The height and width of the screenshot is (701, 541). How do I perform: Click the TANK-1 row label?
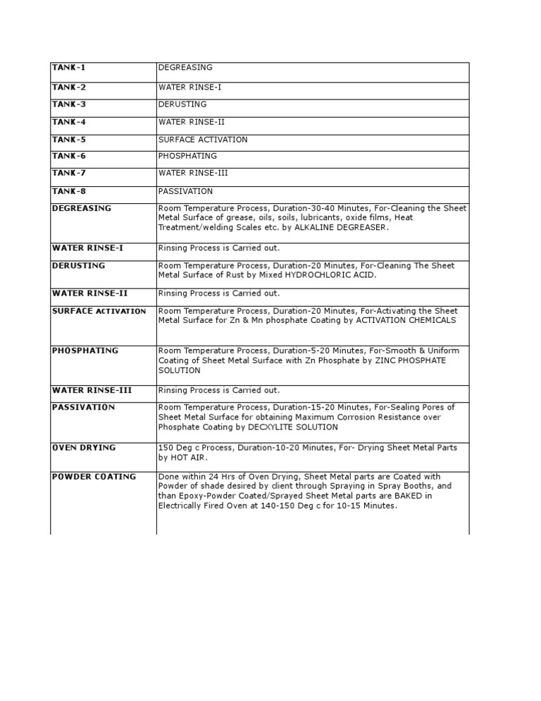tap(68, 68)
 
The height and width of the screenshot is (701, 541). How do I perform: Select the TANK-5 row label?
tap(68, 139)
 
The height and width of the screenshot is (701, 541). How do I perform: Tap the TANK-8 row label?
tap(68, 191)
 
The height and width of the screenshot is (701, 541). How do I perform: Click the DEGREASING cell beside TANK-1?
tap(185, 68)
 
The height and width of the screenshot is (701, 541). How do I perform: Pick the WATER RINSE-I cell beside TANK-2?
tap(189, 87)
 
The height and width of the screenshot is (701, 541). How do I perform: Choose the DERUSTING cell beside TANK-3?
tap(182, 104)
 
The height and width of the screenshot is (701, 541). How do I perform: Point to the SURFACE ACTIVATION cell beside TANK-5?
tap(203, 140)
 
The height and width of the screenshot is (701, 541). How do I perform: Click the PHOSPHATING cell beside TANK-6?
tap(187, 156)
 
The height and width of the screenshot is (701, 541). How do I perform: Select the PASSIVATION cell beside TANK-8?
tap(185, 191)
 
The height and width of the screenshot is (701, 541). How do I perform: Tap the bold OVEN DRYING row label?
tap(84, 448)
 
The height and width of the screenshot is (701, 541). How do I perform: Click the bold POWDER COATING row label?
tap(94, 477)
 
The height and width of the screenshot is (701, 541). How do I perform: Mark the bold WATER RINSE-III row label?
tap(92, 390)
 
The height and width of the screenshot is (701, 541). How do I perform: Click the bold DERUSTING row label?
tap(78, 265)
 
